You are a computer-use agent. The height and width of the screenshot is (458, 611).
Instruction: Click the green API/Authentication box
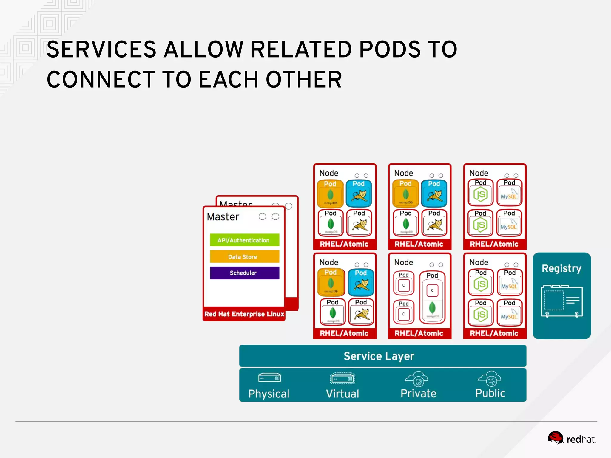(244, 240)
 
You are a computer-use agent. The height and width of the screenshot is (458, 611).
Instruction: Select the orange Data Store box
(244, 256)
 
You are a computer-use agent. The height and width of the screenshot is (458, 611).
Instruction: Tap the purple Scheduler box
(244, 273)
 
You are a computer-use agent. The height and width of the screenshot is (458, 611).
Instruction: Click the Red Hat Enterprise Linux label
(244, 314)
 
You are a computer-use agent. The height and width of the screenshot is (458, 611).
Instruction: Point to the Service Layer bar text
(379, 356)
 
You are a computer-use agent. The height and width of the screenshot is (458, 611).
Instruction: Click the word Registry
(561, 268)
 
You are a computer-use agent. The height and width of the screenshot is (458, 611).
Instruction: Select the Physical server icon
(269, 378)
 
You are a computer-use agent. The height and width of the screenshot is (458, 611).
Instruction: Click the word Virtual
(342, 394)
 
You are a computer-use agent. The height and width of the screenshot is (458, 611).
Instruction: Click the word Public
(490, 393)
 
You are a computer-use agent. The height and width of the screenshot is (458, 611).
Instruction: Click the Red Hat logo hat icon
(555, 438)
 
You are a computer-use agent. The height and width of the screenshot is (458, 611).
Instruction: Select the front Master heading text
(223, 217)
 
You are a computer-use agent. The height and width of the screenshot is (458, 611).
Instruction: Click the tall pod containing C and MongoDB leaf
(432, 298)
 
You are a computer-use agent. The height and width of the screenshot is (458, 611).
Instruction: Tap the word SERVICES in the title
(102, 49)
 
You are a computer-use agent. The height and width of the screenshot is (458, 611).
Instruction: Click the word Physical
(269, 394)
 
